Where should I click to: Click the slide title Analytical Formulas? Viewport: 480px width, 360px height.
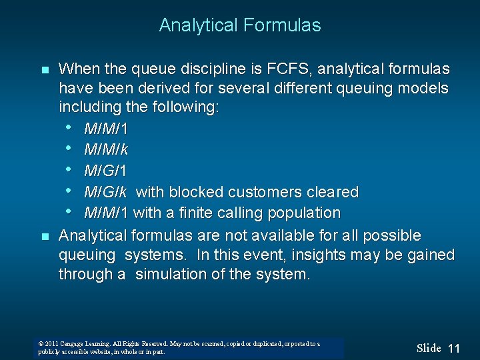click(240, 25)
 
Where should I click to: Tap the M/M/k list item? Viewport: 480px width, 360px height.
click(106, 149)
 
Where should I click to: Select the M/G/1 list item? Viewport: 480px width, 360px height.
click(105, 171)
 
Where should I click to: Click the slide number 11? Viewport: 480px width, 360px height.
click(454, 348)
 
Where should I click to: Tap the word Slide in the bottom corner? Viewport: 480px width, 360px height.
click(429, 348)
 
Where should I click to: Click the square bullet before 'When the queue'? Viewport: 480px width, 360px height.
click(45, 70)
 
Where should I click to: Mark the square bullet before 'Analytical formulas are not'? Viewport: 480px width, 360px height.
click(45, 236)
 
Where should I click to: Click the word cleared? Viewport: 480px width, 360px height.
click(333, 192)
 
